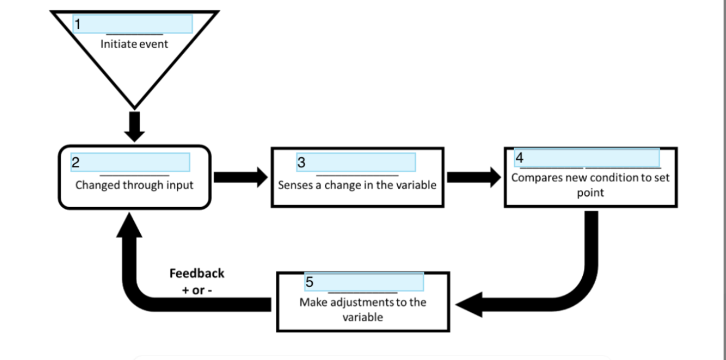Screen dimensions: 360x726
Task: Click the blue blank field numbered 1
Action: (133, 24)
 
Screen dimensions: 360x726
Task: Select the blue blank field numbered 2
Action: (130, 163)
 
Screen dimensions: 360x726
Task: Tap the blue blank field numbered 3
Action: (356, 162)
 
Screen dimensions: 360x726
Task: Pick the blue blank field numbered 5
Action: (364, 282)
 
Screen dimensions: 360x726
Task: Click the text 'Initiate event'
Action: (134, 44)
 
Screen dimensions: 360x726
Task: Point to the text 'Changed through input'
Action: (134, 185)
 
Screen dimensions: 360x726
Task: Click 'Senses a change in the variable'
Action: (357, 185)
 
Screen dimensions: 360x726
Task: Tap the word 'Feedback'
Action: (197, 273)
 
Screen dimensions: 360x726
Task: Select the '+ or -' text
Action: (197, 289)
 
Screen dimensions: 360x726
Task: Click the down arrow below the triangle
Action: (135, 125)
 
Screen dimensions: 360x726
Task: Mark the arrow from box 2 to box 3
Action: (240, 178)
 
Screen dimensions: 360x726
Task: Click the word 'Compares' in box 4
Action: (533, 178)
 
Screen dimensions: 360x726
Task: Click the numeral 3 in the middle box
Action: (301, 162)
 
